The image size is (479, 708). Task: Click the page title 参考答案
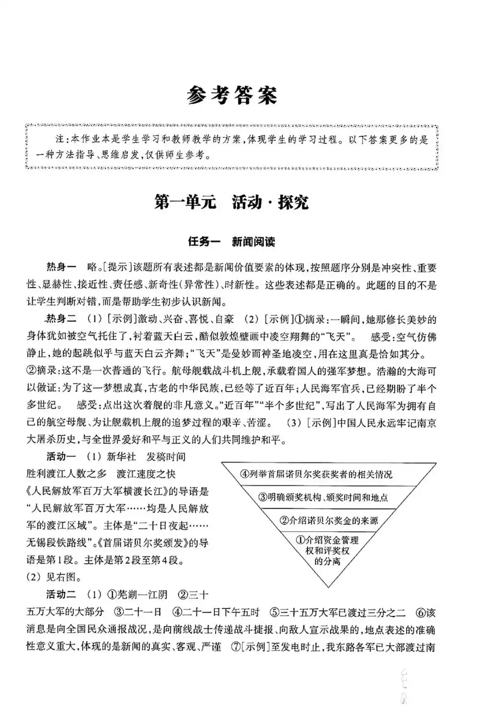coord(232,95)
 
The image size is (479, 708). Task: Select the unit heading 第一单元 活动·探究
coord(231,202)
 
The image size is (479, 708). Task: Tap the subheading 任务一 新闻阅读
coord(231,242)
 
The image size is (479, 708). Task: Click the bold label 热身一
coord(61,267)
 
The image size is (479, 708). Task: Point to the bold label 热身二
coord(61,319)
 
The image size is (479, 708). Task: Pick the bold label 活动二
coord(61,595)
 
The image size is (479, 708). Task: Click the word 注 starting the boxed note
coord(60,140)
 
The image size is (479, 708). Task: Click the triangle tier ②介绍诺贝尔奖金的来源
coord(330,521)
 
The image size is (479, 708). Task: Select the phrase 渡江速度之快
coord(146,474)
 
